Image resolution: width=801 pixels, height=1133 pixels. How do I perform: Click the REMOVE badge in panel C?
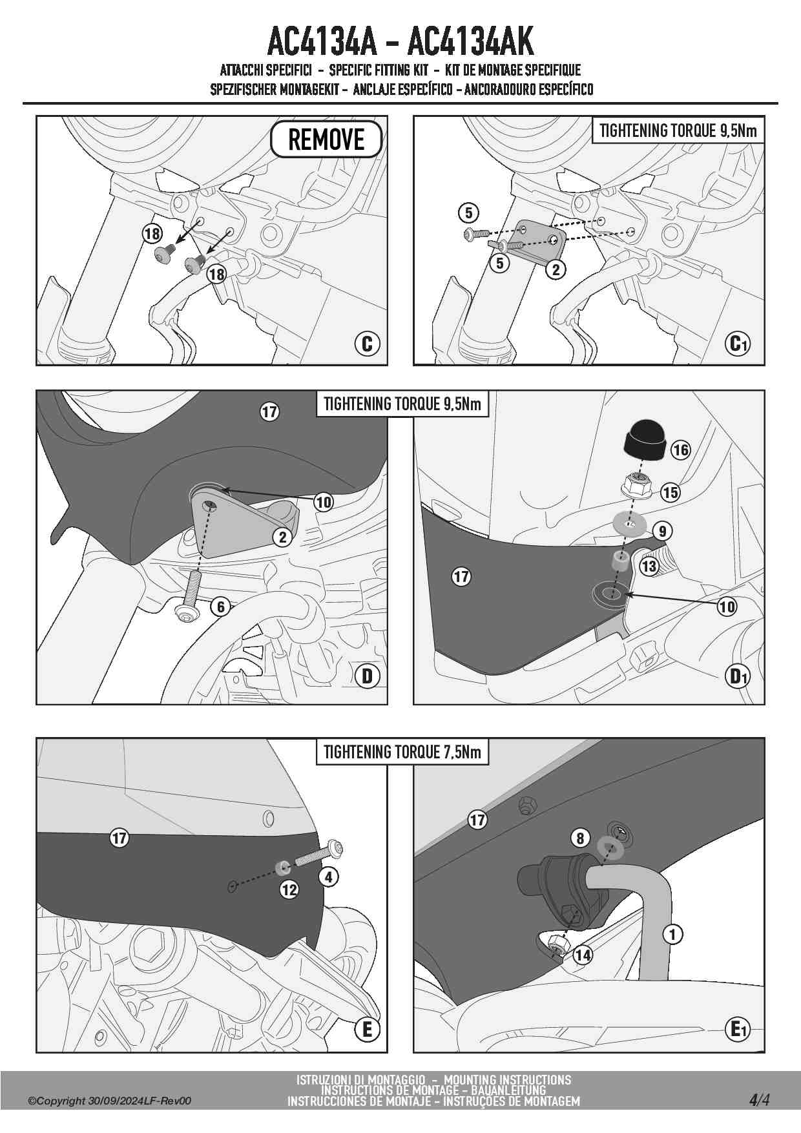pos(326,139)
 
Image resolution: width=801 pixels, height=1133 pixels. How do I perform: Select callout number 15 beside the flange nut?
pos(671,492)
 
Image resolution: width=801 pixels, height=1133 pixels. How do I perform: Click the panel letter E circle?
pos(367,1029)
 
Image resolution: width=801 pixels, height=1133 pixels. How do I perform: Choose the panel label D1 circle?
pos(737,676)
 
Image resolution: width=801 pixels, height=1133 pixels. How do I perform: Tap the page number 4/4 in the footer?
pos(759,1099)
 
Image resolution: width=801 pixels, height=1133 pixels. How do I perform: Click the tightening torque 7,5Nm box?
pos(402,752)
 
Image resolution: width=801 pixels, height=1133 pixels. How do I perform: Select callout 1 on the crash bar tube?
pos(673,934)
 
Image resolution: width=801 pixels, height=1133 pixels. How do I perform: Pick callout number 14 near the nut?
pos(583,955)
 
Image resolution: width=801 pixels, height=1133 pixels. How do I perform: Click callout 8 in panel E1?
pos(580,838)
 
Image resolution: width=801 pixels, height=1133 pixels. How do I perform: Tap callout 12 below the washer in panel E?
pos(289,889)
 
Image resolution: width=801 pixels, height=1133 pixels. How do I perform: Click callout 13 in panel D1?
pos(649,566)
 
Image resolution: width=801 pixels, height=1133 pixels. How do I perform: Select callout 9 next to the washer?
pos(663,531)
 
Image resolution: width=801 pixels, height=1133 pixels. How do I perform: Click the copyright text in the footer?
pos(109,1101)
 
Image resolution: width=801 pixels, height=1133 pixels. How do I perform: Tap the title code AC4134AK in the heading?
pos(471,42)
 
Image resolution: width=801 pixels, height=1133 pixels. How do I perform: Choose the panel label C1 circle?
pos(737,343)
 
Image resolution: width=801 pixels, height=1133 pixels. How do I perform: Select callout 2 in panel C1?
pos(556,269)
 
